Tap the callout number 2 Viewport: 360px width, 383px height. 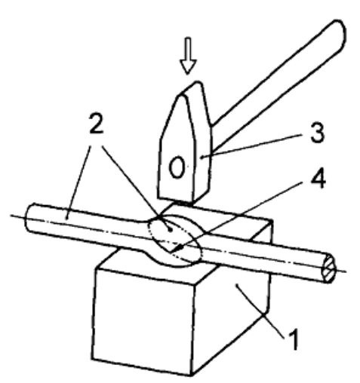[x=97, y=123]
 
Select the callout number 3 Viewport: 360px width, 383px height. [x=317, y=133]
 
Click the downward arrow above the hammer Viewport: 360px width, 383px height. [x=188, y=56]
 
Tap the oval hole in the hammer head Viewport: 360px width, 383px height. [x=177, y=167]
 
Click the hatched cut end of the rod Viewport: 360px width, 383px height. [x=328, y=268]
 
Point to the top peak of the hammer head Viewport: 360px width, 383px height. [x=198, y=82]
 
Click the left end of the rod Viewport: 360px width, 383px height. [x=29, y=217]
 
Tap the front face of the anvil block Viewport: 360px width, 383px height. [x=143, y=322]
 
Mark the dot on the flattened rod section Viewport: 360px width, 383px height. [x=171, y=230]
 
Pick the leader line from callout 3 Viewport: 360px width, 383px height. [x=251, y=146]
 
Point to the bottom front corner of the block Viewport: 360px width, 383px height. [x=191, y=375]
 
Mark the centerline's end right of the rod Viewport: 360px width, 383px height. [x=346, y=271]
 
